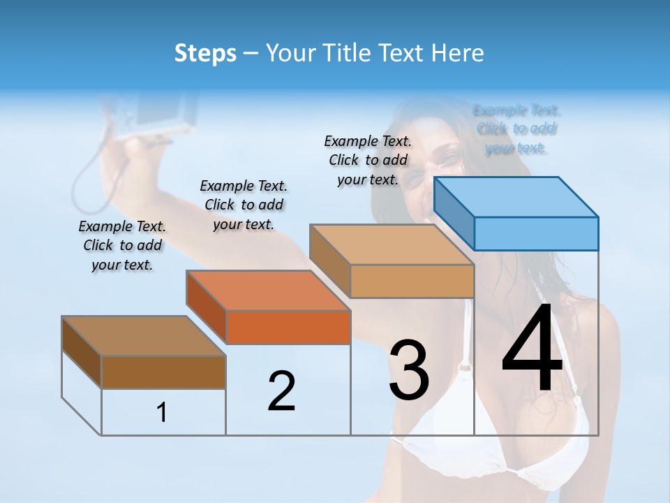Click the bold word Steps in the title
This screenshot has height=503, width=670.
[x=205, y=53]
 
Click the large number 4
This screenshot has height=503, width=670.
[x=532, y=349]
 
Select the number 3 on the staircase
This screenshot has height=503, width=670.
[x=408, y=370]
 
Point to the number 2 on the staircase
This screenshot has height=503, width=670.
[x=282, y=391]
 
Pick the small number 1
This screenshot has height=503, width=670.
[x=162, y=413]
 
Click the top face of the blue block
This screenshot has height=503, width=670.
[x=516, y=196]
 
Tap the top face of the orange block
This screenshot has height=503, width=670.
[x=269, y=290]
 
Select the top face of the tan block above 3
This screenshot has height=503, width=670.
[x=392, y=245]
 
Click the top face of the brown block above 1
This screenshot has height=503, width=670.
[x=144, y=336]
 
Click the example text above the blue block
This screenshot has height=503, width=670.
[x=516, y=129]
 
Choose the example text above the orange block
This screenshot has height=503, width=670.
[x=244, y=205]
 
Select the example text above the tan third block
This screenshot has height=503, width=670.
[x=368, y=160]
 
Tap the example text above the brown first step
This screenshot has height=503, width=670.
[x=122, y=245]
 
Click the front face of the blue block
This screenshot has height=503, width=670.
[x=536, y=233]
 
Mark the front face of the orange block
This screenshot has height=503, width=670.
[x=288, y=327]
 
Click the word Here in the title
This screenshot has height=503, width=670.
[x=459, y=53]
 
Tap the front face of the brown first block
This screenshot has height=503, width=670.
[x=163, y=372]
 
